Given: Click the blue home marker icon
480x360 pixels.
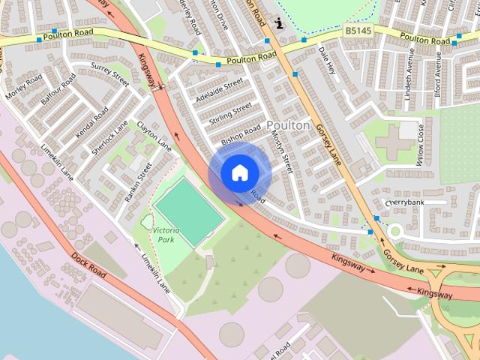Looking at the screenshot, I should click(239, 172).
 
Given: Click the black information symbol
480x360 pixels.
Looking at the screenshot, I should click(280, 23).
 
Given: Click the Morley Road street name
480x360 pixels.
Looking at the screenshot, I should click(24, 88).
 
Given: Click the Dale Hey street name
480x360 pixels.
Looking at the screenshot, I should click(327, 61).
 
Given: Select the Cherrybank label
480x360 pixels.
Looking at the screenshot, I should click(405, 202).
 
